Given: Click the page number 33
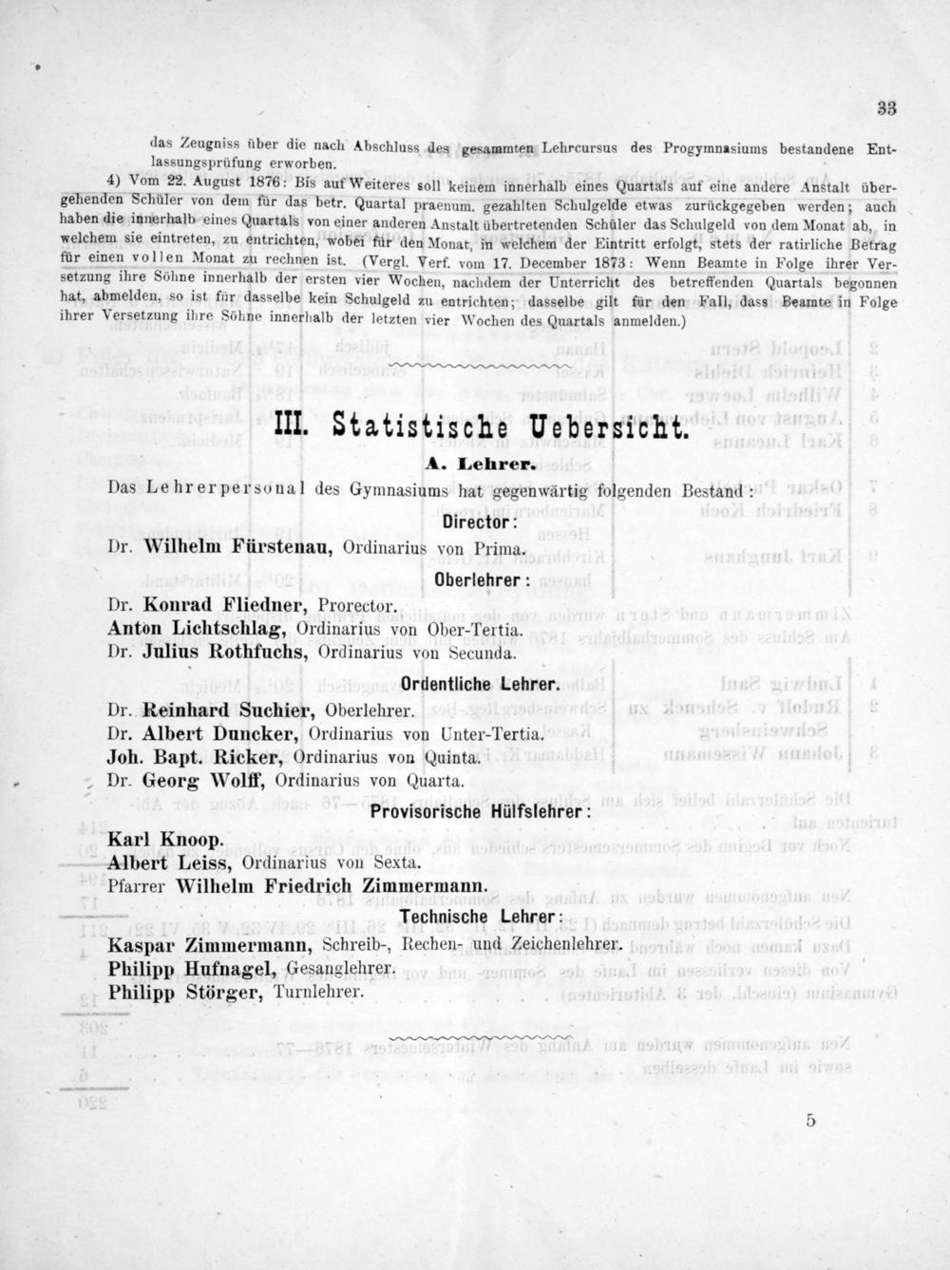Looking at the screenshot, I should (x=886, y=108).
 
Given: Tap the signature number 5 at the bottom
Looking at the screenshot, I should (x=810, y=1120).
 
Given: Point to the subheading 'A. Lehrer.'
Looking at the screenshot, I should (x=484, y=467).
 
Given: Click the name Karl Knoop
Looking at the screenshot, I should (x=166, y=840).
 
